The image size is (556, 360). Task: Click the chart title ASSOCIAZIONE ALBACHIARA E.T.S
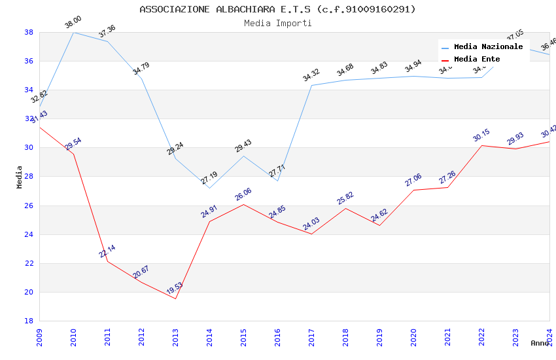277,9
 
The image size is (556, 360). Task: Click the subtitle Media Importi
277,24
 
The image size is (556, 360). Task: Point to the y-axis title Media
20,177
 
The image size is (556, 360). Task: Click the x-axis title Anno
540,343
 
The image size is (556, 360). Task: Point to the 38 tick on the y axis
29,32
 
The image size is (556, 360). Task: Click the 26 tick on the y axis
29,206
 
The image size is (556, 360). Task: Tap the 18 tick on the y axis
29,321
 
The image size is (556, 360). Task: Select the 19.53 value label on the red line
174,289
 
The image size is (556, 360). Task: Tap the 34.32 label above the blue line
311,76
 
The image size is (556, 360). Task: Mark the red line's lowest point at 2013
175,298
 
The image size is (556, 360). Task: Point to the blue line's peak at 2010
73,32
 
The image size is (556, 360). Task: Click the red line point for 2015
243,204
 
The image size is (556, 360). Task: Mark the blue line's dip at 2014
209,188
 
